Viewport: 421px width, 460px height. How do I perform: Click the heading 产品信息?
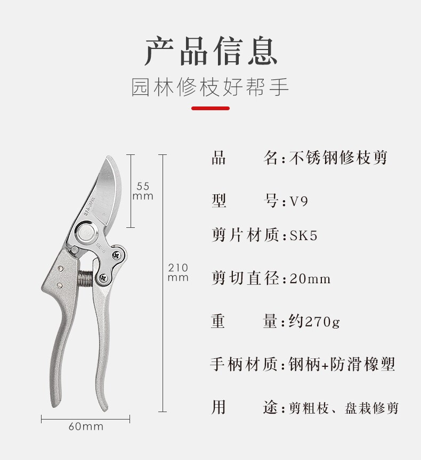coord(210,52)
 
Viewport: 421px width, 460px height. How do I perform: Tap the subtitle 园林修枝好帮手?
coord(210,88)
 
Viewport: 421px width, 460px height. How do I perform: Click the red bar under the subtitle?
coord(210,108)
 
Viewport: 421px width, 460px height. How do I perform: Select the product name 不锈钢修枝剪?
coord(338,158)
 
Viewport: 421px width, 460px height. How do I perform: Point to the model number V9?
coord(299,202)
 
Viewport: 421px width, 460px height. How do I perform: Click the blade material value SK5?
coord(304,235)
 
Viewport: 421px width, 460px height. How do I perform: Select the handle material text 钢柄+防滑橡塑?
coord(342,365)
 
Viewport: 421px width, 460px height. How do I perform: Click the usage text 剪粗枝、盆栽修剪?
coord(343,408)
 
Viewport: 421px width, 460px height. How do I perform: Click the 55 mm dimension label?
coord(143,191)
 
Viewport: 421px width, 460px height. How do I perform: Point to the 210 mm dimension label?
coord(178,273)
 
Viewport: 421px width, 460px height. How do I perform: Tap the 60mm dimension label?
coord(86,426)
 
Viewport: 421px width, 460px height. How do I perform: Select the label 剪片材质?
coord(245,235)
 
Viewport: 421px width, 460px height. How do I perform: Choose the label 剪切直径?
coord(245,278)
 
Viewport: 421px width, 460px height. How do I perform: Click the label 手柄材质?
coord(245,365)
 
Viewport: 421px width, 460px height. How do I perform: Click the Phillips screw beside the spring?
coord(102,277)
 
